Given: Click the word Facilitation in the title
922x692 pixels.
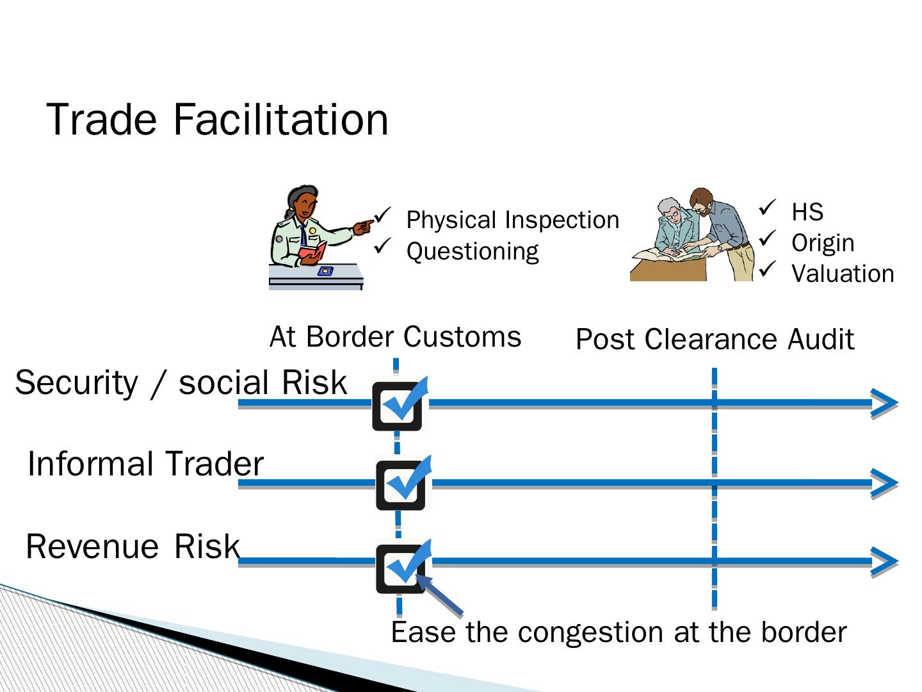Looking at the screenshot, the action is click(x=280, y=120).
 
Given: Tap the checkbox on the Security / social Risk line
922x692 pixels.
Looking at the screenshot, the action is click(x=397, y=406).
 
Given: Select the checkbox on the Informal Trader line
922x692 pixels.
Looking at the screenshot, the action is click(x=400, y=485).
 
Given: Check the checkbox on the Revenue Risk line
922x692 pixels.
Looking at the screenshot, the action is click(x=400, y=569).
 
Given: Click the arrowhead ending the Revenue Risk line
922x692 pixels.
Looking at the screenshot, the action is click(x=885, y=561).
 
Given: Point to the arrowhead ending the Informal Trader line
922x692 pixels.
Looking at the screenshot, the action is click(x=885, y=483).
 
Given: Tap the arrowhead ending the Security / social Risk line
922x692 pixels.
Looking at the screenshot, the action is click(x=885, y=403).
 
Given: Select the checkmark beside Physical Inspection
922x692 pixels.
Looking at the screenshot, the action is click(x=382, y=215).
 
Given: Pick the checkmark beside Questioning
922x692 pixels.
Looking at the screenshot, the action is click(x=382, y=246).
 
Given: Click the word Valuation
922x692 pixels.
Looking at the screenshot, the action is click(x=843, y=274).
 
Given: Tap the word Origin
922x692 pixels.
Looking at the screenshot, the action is click(x=823, y=243).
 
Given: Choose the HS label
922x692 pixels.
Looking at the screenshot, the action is click(x=807, y=211).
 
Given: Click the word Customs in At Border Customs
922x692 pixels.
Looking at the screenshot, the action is click(x=462, y=337).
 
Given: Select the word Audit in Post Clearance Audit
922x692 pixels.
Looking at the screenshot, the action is click(x=821, y=339).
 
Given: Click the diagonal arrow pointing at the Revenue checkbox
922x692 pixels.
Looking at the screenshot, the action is click(x=439, y=595).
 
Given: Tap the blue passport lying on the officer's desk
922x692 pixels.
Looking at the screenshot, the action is click(x=325, y=272).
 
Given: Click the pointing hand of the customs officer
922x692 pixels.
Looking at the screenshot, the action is click(x=363, y=227).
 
